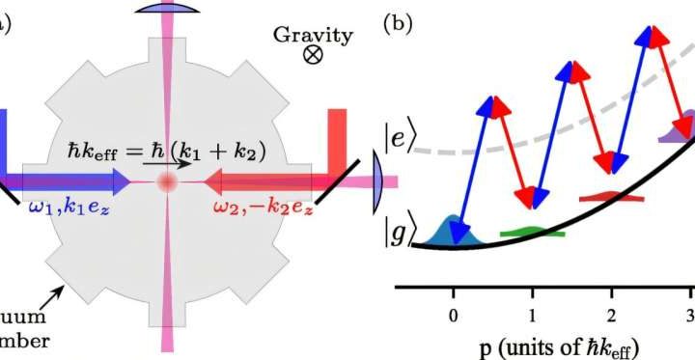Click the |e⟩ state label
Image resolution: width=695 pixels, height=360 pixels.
tap(400, 137)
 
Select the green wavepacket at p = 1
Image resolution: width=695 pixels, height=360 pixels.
tap(533, 232)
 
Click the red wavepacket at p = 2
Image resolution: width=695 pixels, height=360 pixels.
tap(611, 198)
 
